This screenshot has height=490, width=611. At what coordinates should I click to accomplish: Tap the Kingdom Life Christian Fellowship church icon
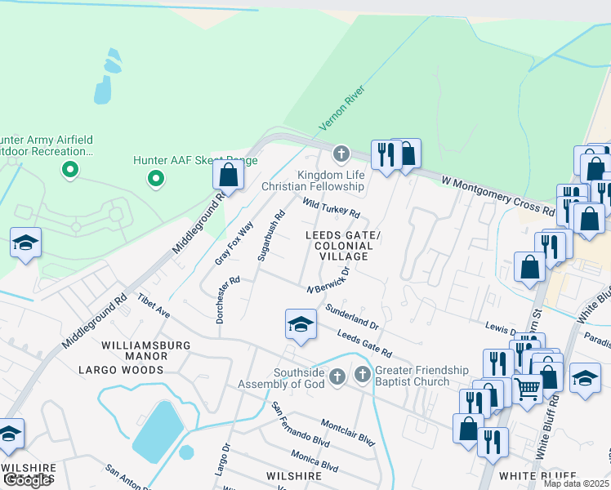341,154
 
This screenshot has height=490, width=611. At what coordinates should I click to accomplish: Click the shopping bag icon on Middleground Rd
228,175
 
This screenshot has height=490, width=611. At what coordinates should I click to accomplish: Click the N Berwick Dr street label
328,281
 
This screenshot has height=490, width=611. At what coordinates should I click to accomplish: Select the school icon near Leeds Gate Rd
300,325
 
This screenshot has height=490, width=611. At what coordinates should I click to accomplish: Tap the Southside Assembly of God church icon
338,377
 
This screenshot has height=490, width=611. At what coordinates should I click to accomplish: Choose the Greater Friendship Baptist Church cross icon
363,375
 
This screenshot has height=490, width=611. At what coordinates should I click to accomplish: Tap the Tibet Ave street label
154,307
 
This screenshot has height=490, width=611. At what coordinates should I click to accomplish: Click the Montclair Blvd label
347,433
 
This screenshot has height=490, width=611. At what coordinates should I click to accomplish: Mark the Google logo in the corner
26,480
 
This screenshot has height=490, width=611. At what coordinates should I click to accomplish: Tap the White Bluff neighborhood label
537,476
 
